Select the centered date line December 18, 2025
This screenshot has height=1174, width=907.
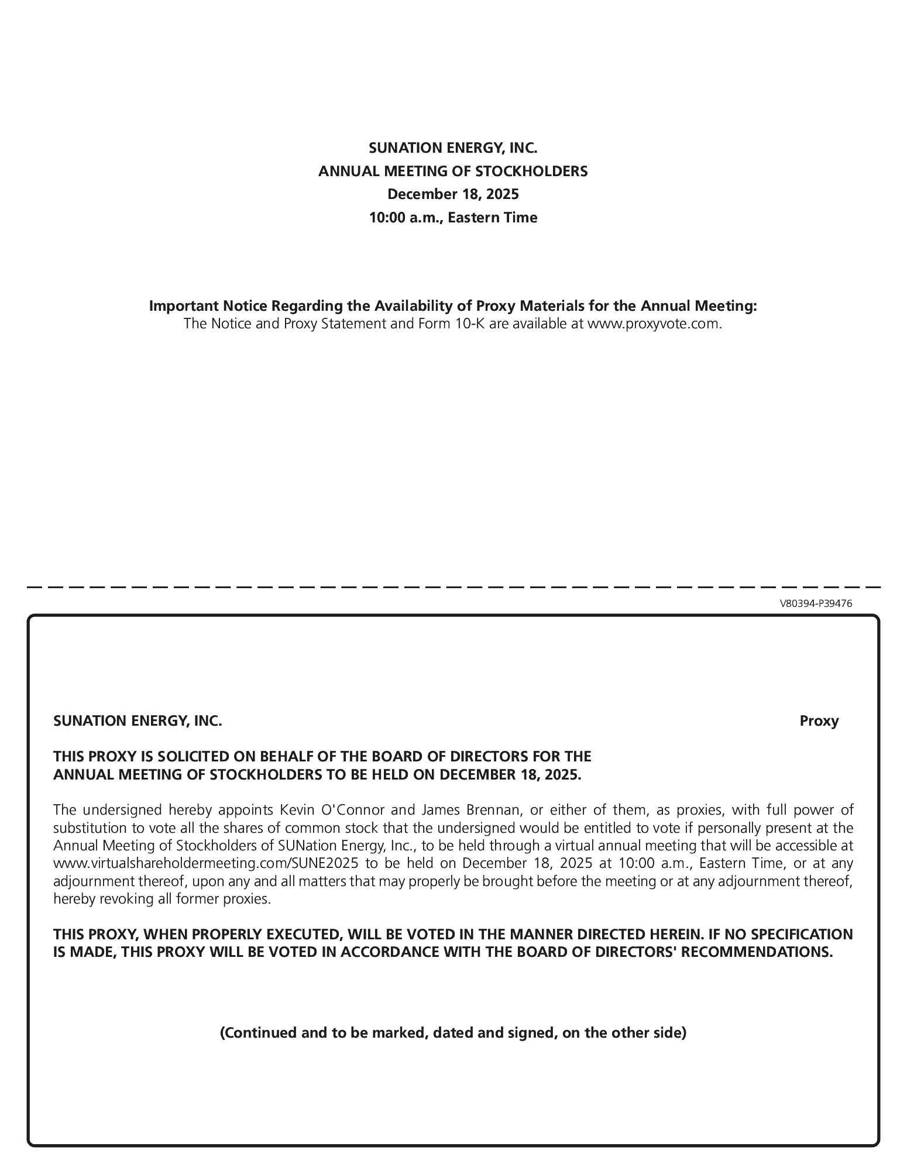point(453,194)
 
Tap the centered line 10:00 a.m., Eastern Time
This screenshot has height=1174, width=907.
point(453,218)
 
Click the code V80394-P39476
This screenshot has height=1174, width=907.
point(816,603)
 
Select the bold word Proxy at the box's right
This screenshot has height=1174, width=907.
point(819,721)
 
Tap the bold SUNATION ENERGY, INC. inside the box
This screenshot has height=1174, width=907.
point(138,721)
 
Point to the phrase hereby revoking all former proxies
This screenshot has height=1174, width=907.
point(162,899)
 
